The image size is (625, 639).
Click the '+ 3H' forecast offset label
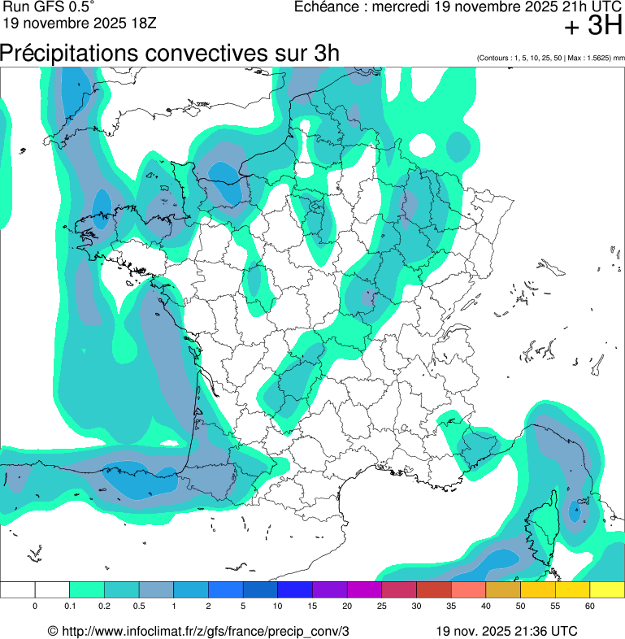click(592, 27)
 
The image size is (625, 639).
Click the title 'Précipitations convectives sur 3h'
click(169, 53)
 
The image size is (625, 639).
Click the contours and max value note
click(551, 59)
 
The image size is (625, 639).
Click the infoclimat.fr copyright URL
click(198, 631)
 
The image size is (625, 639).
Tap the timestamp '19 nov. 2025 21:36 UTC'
click(506, 631)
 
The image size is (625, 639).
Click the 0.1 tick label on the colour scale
click(70, 606)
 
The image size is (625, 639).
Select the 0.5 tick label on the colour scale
click(140, 606)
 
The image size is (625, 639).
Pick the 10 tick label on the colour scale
click(278, 606)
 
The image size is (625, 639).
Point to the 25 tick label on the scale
click(382, 606)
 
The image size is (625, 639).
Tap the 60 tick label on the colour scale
click(590, 606)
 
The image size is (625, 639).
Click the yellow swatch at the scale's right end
click(606, 589)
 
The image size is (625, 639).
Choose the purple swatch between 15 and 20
click(329, 589)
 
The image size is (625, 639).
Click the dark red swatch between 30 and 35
click(433, 589)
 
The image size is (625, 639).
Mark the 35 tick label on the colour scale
click(451, 606)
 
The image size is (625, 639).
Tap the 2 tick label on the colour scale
click(209, 606)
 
